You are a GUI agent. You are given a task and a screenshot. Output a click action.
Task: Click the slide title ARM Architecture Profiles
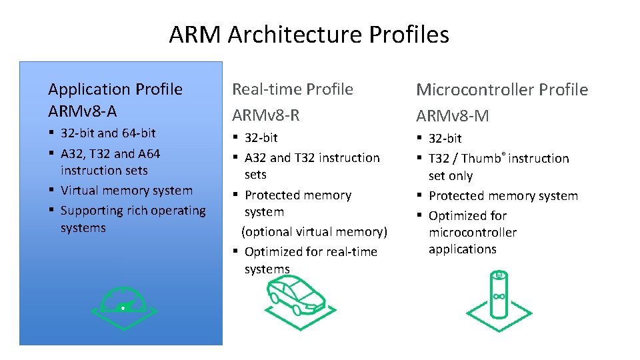(309, 34)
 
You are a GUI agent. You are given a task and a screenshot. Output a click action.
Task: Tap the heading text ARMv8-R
(265, 115)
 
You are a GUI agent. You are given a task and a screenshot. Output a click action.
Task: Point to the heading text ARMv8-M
(453, 116)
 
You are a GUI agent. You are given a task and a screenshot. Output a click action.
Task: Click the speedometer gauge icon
(124, 306)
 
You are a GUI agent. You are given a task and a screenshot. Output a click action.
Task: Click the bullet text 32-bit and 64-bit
(108, 133)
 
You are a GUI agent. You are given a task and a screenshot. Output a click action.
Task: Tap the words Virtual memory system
(126, 190)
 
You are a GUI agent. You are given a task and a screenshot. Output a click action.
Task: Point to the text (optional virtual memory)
(314, 231)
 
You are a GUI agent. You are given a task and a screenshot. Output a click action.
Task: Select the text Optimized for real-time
(311, 251)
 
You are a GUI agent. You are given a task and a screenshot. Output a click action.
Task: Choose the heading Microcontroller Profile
(502, 89)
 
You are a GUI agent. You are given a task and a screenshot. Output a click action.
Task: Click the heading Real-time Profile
(292, 89)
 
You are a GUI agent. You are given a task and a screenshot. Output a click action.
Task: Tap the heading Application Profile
(115, 89)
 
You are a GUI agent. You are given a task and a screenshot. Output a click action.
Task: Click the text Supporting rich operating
(133, 211)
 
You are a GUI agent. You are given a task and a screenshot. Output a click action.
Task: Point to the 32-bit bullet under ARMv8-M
(445, 138)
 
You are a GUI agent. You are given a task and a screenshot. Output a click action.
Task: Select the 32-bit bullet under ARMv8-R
(261, 137)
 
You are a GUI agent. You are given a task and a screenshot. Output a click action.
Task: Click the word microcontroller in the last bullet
(472, 233)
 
